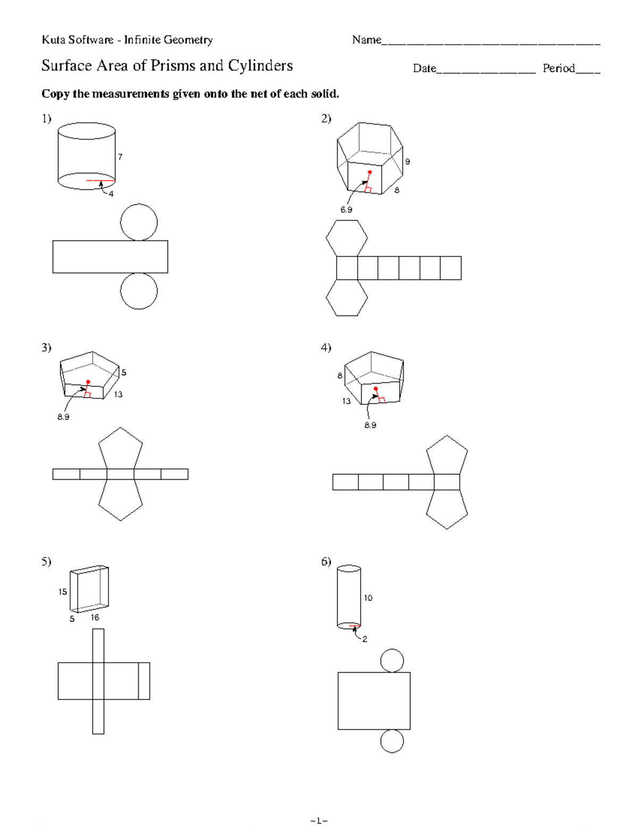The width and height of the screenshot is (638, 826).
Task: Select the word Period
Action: coord(558,68)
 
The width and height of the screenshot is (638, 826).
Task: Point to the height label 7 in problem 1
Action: coord(121,157)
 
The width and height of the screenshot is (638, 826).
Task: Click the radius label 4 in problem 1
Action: coord(111,194)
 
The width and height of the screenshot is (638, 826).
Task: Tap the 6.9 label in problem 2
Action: coord(346,210)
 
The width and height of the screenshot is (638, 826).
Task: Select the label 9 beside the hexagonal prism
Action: coord(407,162)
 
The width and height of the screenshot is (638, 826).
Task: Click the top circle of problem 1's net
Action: coord(139,222)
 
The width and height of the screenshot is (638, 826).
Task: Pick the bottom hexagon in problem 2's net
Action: coord(347,298)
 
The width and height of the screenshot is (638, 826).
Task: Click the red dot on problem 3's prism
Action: coord(88,382)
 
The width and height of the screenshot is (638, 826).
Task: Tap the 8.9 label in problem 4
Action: coord(370,425)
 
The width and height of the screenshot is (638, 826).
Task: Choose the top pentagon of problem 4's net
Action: coord(447,455)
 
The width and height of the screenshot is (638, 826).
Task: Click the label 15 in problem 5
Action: coord(63,592)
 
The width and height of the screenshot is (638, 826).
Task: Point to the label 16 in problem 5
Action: coord(95,618)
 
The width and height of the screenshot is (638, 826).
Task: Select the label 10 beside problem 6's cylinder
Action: coord(368,598)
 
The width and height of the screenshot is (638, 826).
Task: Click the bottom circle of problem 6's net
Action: coord(392,741)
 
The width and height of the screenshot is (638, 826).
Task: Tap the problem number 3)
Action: coord(46,347)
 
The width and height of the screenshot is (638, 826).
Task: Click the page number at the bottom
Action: coord(319,821)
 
